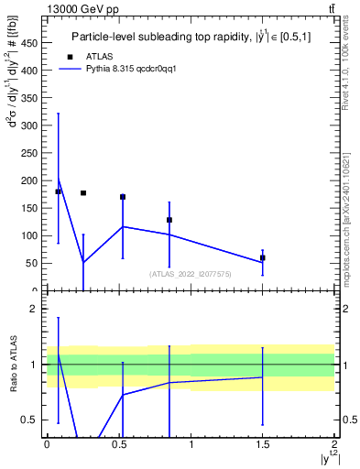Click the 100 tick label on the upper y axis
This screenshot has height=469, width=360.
32,235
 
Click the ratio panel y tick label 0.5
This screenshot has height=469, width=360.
34,420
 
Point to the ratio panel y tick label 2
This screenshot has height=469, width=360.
37,310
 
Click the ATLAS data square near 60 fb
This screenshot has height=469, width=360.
263,257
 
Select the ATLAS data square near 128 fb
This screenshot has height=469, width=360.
169,220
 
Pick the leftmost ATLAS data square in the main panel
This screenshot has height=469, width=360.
59,191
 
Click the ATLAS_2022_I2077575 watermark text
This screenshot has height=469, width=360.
191,273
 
